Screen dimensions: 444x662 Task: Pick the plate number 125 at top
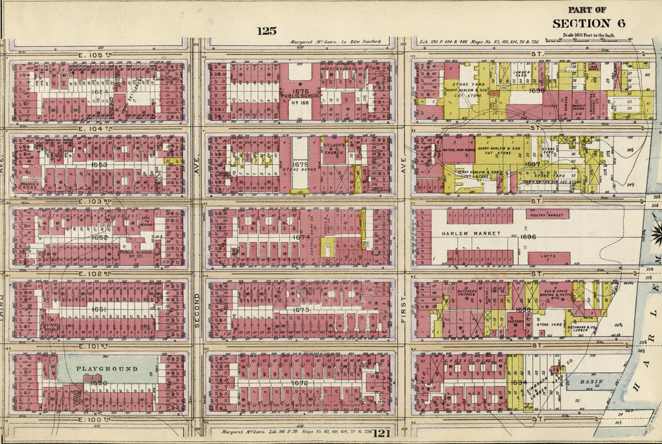coord(266,31)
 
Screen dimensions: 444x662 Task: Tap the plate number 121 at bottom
coord(381,433)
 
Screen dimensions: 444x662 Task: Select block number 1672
coord(299,383)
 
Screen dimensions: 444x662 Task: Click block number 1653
coord(100,165)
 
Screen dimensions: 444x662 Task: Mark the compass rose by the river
coord(656,231)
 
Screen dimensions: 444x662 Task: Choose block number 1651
coord(99,309)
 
